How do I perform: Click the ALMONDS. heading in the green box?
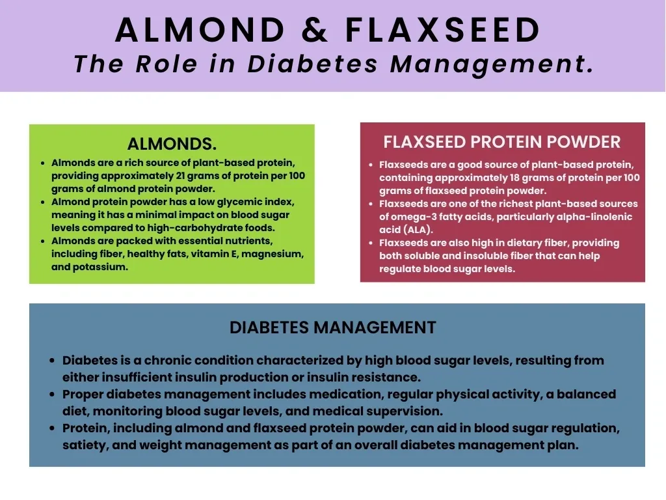click(x=172, y=144)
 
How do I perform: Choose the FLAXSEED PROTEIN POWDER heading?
click(x=502, y=142)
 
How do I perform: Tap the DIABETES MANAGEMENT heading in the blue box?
click(x=332, y=327)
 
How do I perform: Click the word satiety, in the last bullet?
click(x=84, y=445)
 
